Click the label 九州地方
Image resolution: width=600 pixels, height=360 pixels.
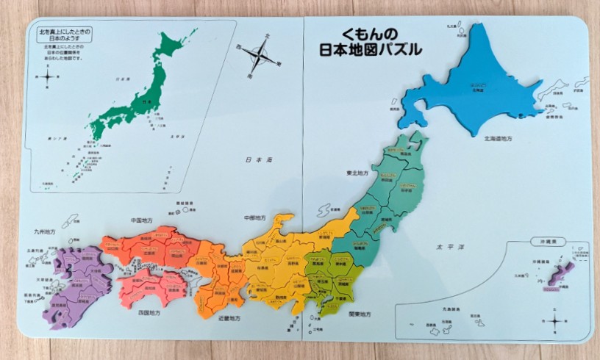pos(43,231)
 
